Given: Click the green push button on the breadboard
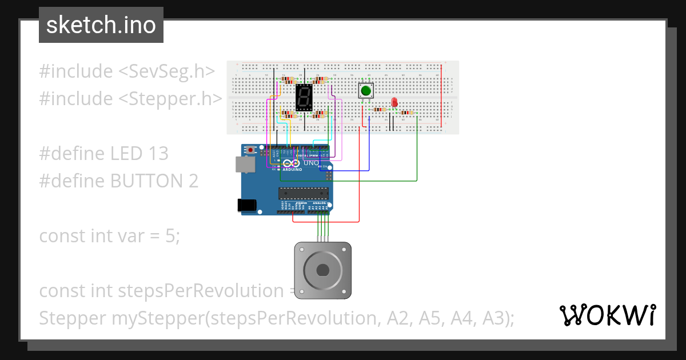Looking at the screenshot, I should [x=365, y=90].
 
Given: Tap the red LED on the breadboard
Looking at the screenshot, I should [x=394, y=102].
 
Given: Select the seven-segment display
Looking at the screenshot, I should [x=304, y=98].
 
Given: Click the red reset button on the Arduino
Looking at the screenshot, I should [x=251, y=150].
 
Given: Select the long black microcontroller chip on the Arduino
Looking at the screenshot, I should [x=303, y=193].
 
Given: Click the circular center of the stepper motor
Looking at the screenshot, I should [x=322, y=270].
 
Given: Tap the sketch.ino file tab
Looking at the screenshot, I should [x=101, y=25].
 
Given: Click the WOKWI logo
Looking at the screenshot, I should [x=607, y=315].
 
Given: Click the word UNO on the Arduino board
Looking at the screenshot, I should [x=310, y=163].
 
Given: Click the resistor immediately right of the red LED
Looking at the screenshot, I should [x=408, y=113].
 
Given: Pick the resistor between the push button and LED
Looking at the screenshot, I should [x=380, y=109].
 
